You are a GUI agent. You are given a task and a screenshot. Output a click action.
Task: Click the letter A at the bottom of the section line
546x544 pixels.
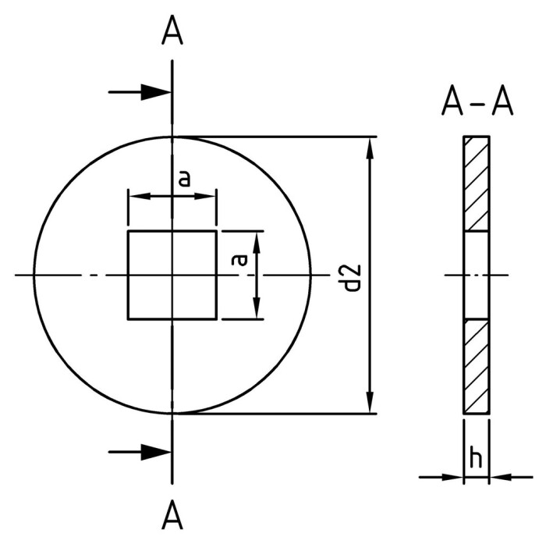tap(172, 515)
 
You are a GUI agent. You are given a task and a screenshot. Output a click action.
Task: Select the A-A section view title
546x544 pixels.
tap(477, 101)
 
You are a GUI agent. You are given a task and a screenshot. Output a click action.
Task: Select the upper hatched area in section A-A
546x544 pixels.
tap(477, 184)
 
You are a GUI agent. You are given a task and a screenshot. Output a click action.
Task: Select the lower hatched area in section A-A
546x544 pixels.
tap(477, 365)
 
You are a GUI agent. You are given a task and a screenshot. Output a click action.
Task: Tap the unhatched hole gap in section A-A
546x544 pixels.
tap(477, 275)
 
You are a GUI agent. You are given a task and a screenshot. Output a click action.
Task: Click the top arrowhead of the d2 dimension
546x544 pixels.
tap(369, 145)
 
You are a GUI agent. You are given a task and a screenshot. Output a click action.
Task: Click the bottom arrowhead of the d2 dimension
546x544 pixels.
tap(369, 405)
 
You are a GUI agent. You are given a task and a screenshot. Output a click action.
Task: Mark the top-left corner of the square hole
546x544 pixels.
tap(128, 231)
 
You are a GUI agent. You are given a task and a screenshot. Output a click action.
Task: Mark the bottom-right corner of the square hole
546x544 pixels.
tap(216, 318)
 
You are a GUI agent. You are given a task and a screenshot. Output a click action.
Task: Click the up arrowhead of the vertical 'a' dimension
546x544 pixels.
tap(257, 238)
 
